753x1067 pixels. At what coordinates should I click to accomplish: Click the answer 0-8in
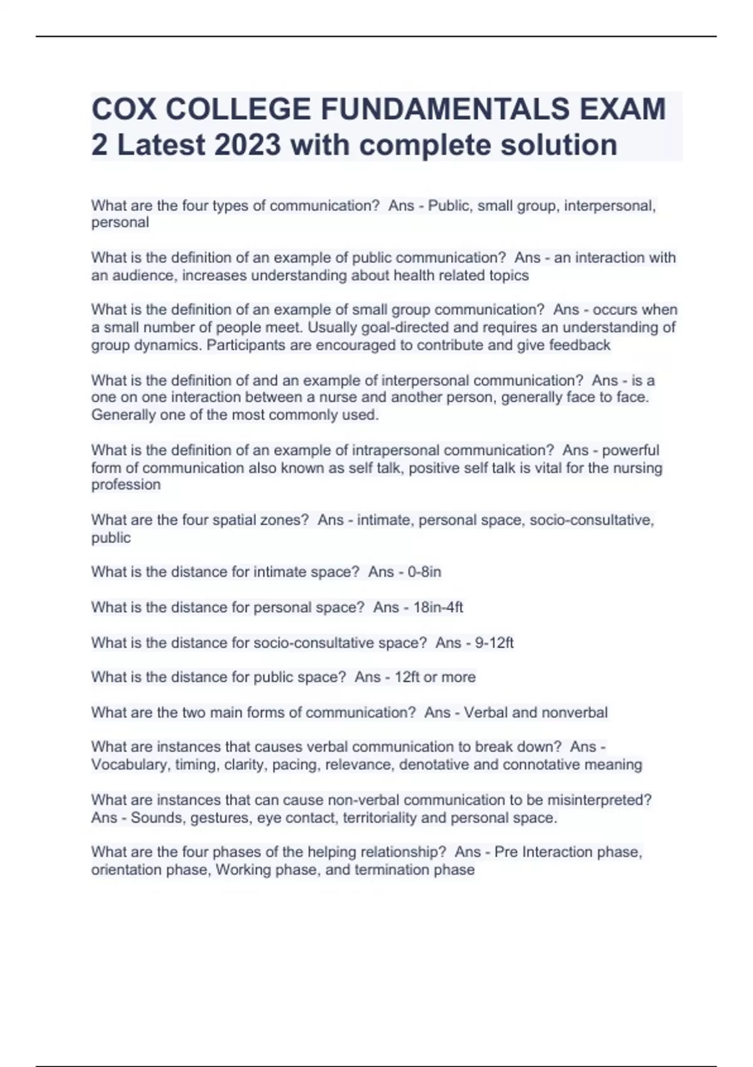point(424,572)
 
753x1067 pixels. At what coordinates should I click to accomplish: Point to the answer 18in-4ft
point(438,607)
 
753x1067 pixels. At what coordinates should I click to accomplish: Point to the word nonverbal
point(570,712)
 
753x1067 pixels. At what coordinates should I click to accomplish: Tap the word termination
point(393,870)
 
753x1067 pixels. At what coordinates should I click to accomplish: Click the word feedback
point(580,345)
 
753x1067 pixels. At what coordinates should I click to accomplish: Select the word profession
point(125,485)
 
